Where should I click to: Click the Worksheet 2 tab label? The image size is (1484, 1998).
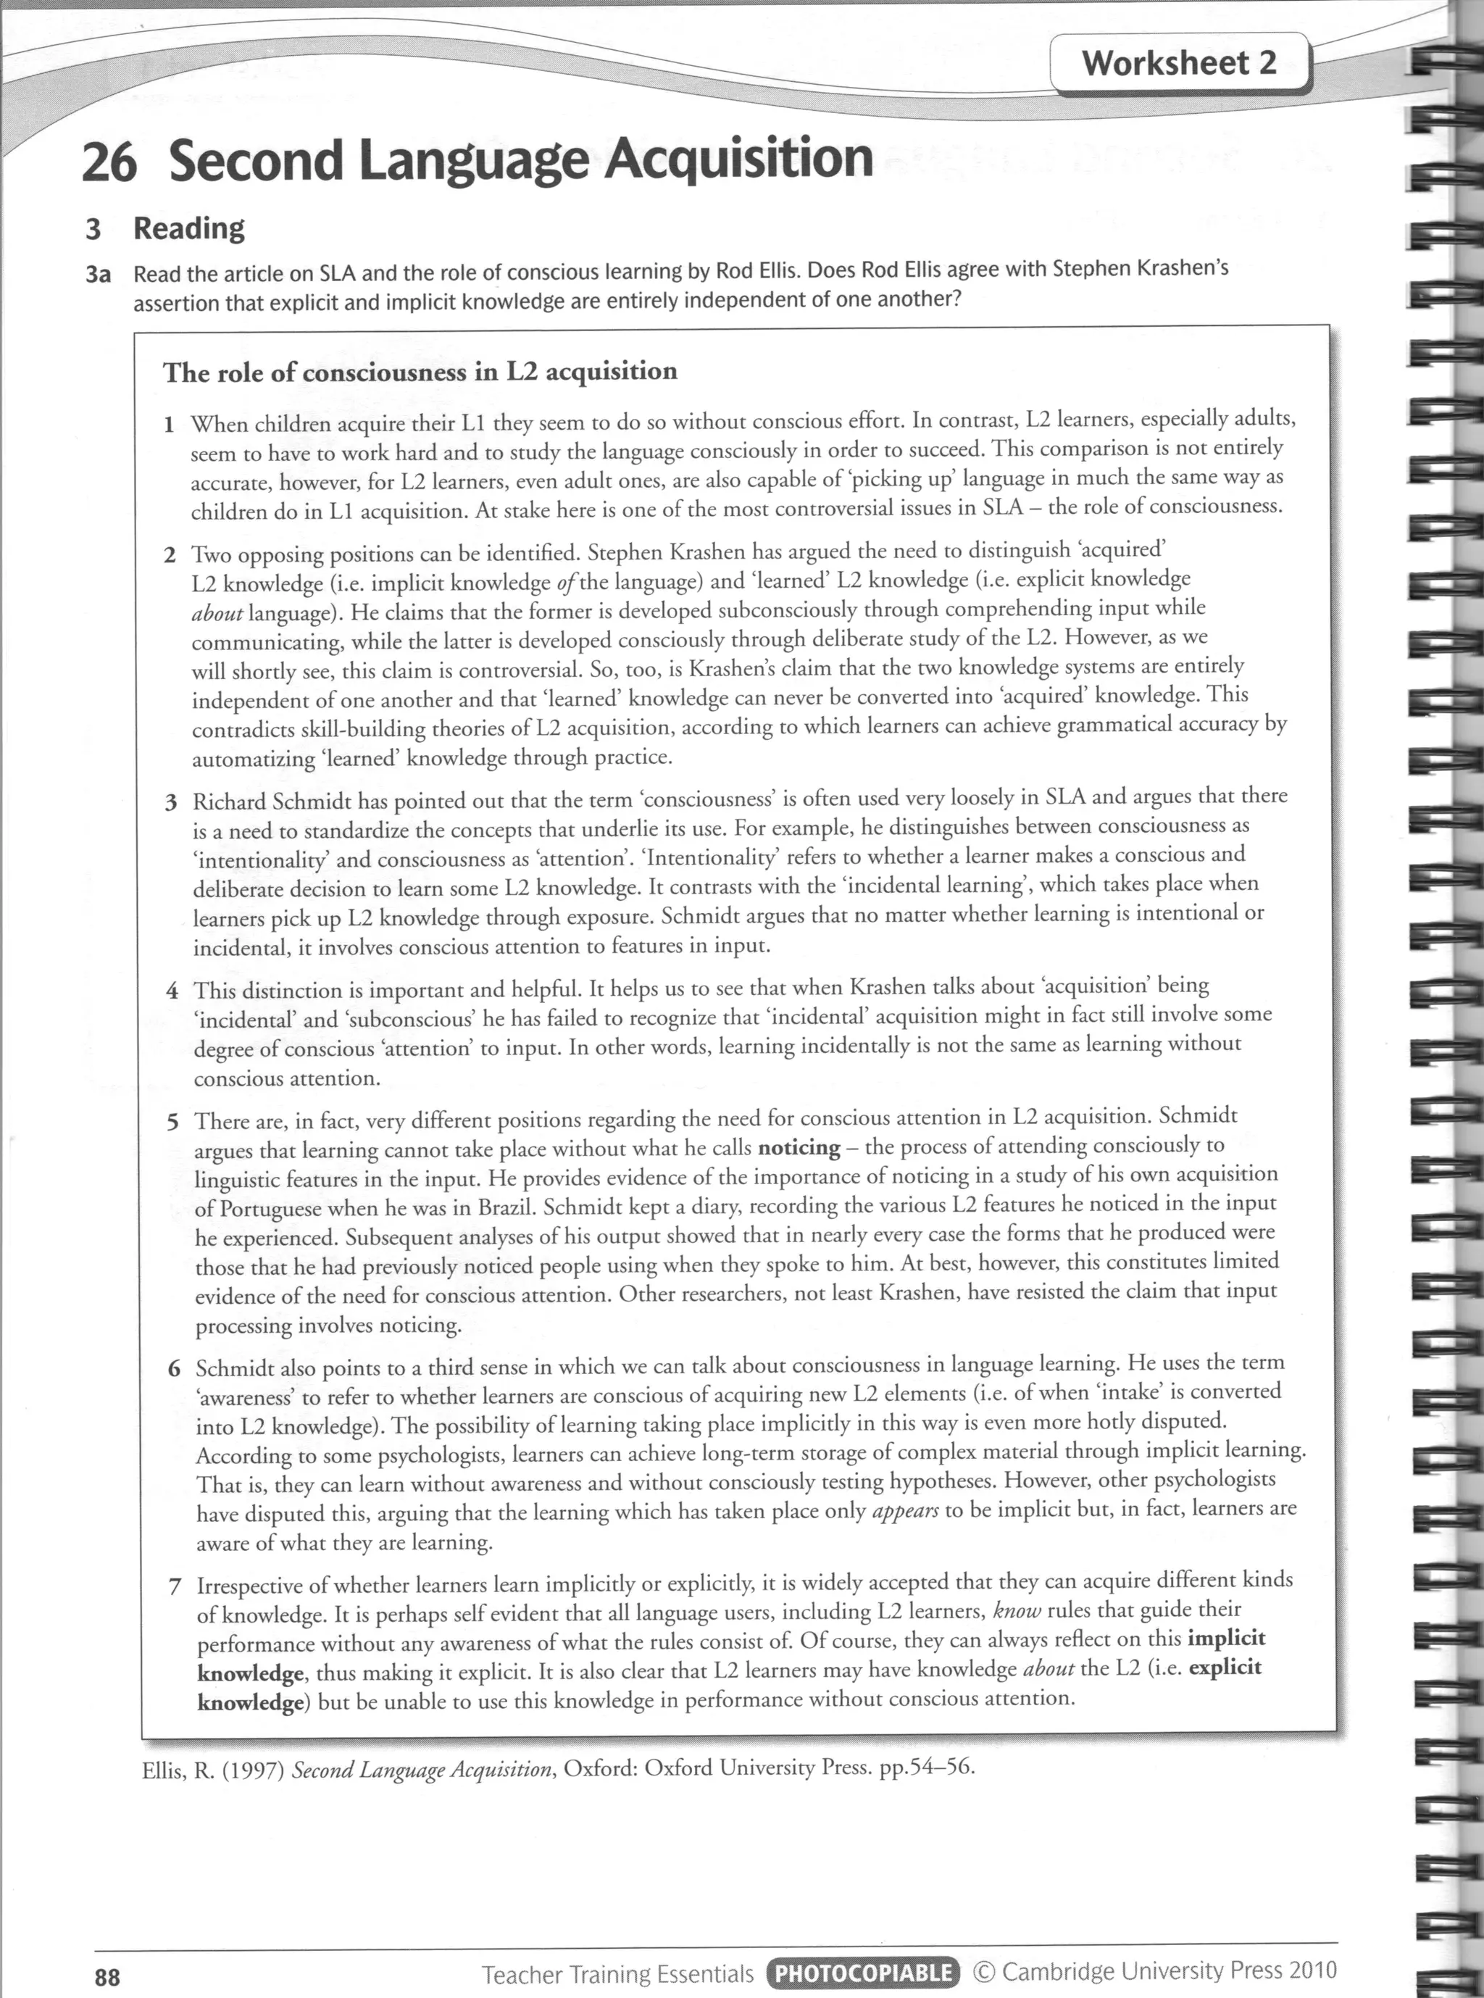pos(1177,63)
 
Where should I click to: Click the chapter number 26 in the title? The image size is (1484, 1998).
pos(109,162)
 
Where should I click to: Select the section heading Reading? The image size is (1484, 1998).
pos(188,228)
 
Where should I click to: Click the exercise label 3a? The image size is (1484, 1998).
pos(97,274)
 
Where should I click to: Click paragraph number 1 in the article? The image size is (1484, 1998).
pos(168,425)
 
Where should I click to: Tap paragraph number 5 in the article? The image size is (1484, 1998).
pos(172,1122)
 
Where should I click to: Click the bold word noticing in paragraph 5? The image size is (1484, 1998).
pos(799,1147)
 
